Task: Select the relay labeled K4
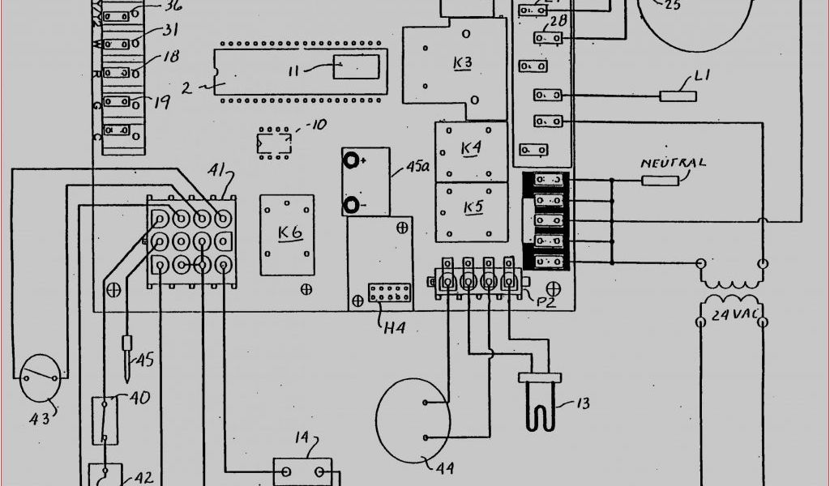tap(471, 149)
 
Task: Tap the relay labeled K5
tap(473, 208)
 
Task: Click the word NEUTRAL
tap(673, 163)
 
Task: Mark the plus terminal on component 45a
tap(352, 160)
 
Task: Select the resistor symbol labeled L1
tap(678, 96)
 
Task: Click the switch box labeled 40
tap(102, 420)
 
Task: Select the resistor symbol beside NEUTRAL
tap(660, 180)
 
